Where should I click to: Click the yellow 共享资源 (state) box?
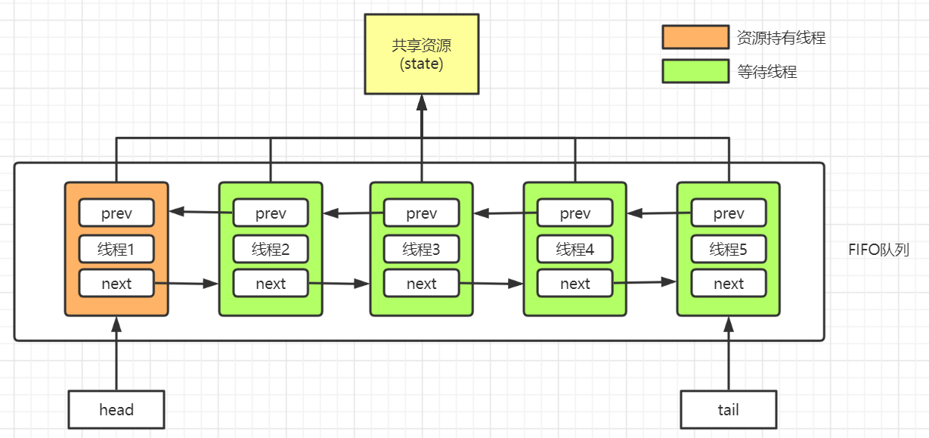tap(421, 54)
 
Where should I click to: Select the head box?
tap(116, 409)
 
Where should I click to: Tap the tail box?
tap(728, 409)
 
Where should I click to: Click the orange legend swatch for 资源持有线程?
tap(695, 37)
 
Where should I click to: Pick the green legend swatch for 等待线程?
tap(695, 71)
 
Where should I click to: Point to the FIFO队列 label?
tap(878, 250)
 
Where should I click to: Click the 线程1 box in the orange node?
tap(116, 249)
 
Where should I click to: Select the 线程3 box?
tap(421, 249)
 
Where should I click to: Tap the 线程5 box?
tap(728, 249)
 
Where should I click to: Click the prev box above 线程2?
tap(271, 213)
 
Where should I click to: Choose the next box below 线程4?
tap(574, 284)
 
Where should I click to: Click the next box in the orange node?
tap(116, 284)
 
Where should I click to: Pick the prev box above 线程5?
tap(728, 213)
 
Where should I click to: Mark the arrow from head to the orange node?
tap(116, 353)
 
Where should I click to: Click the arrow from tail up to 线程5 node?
tap(729, 353)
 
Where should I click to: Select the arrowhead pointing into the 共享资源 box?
tap(422, 103)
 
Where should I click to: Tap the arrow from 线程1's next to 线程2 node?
tap(186, 284)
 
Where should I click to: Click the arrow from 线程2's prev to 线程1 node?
tap(201, 212)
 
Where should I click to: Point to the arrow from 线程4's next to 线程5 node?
tap(645, 282)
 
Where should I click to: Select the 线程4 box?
tap(574, 249)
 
